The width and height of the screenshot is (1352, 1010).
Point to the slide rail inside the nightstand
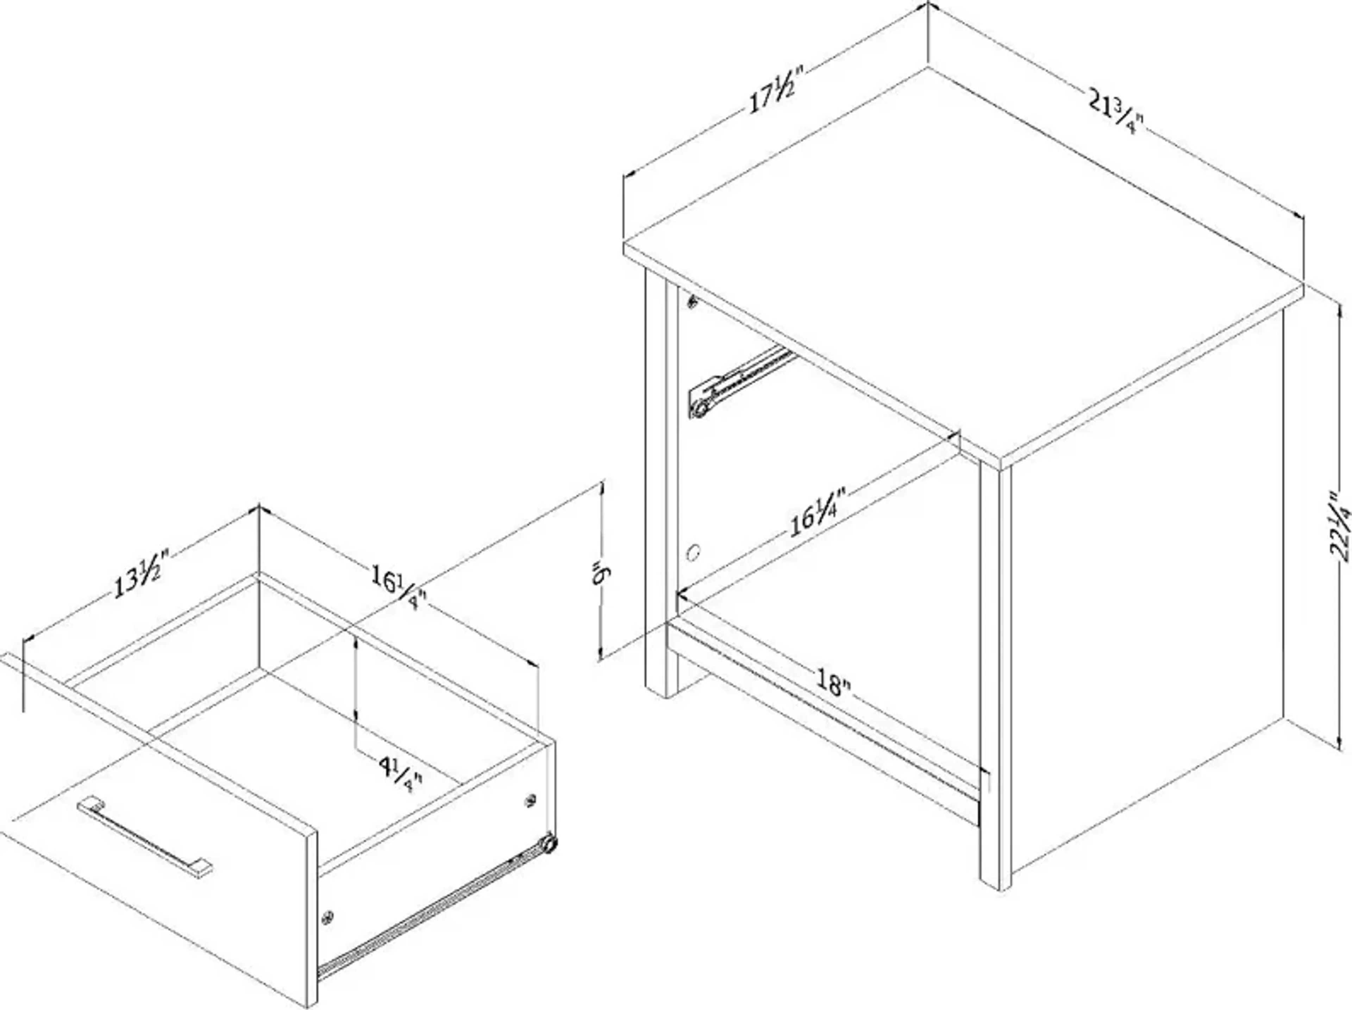point(743,380)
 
